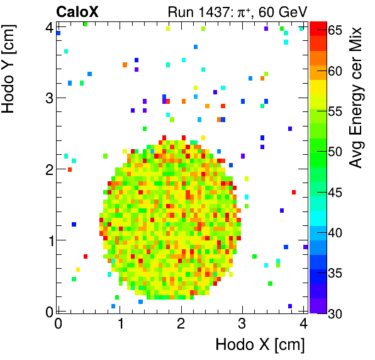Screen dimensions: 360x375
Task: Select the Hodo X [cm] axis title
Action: coord(260,345)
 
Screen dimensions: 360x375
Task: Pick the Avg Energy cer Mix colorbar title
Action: coord(356,97)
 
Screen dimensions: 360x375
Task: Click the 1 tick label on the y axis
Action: coord(48,240)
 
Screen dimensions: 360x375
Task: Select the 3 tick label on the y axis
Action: coord(48,98)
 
